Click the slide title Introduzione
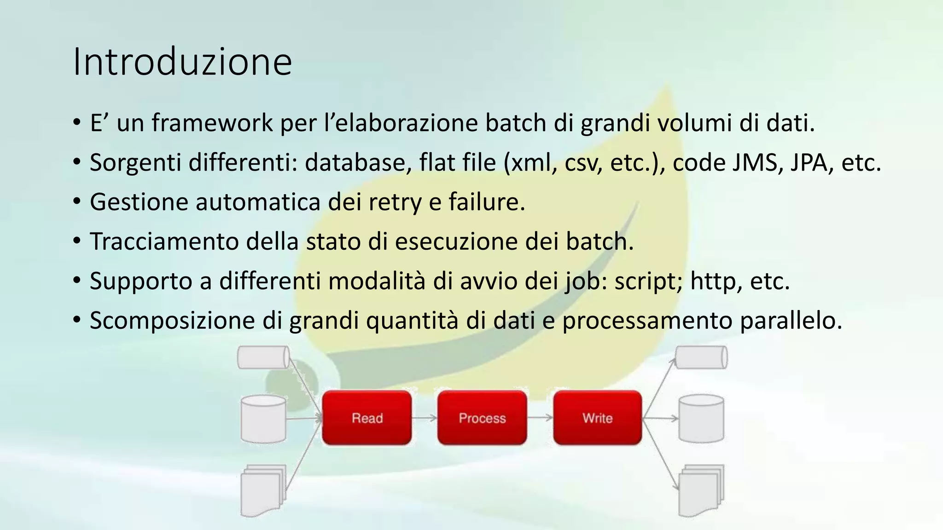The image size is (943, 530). point(182,62)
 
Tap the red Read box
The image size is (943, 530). point(367,418)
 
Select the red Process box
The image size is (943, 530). point(482,418)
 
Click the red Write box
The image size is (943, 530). point(597,418)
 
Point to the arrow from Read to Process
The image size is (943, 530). point(424,418)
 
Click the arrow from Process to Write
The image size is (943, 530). point(540,418)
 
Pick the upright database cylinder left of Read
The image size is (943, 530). point(263,419)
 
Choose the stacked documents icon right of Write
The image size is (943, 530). point(701,490)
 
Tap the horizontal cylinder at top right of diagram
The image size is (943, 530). point(701,357)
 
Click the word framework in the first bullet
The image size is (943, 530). point(212,123)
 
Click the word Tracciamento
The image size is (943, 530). point(164,242)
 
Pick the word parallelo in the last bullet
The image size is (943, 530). point(791,321)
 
